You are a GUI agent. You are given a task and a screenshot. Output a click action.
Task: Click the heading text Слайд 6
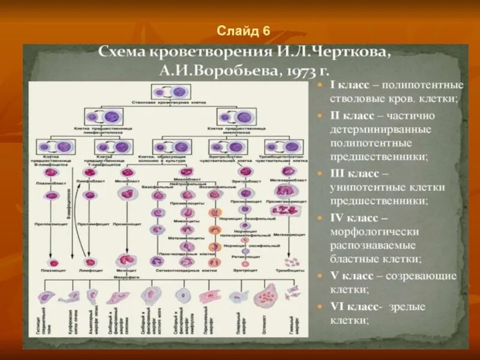pyautogui.click(x=244, y=31)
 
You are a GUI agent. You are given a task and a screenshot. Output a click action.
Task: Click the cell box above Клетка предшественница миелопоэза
pyautogui.click(x=233, y=116)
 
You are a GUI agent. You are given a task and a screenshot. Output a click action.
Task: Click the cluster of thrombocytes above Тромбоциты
pyautogui.click(x=292, y=261)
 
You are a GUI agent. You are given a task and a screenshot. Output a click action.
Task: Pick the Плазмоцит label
pyautogui.click(x=53, y=271)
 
